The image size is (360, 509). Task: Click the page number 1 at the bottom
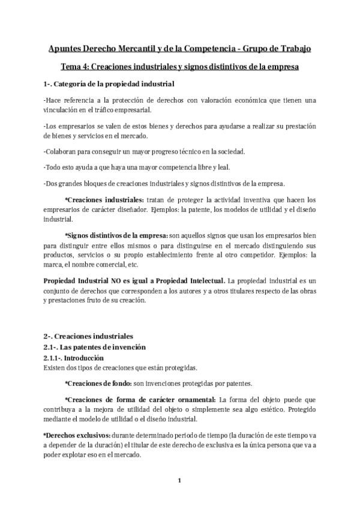tap(179, 480)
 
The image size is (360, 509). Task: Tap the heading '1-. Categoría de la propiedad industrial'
tap(109, 83)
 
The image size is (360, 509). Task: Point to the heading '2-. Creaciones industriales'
tap(88, 336)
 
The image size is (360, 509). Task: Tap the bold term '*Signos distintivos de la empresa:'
tap(124, 236)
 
